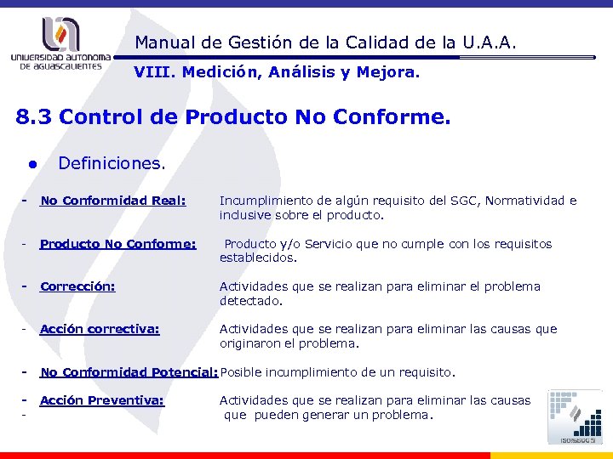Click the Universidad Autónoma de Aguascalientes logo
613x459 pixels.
[60, 42]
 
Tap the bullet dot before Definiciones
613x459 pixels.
[32, 161]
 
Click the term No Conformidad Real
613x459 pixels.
[113, 201]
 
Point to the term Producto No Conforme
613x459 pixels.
[117, 244]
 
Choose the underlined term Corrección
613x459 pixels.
[77, 286]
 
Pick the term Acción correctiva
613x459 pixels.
[100, 329]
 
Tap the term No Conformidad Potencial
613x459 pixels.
[129, 372]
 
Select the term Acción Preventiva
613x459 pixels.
[102, 400]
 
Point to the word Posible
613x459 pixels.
[242, 372]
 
